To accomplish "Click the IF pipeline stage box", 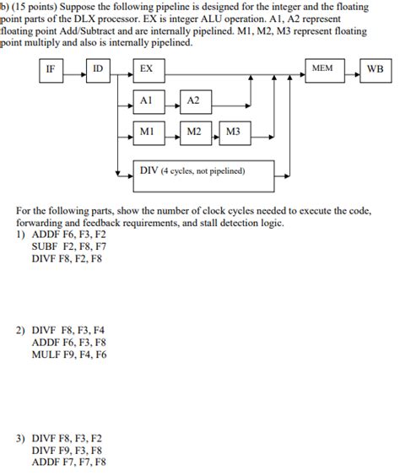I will point(51,69).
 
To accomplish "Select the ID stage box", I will point(98,69).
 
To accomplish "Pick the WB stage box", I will point(376,69).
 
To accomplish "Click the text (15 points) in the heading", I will point(41,7).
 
